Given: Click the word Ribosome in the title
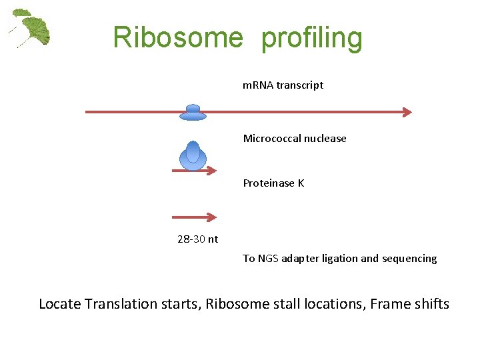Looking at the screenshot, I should point(178,37).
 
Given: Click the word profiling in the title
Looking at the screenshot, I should point(312,39).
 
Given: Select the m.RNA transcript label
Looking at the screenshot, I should point(283,85).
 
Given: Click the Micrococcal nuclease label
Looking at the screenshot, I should point(295,139).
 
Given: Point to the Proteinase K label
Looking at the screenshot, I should point(273,183).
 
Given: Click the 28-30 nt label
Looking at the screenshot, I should point(197,239).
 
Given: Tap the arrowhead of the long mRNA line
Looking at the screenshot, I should point(407,112).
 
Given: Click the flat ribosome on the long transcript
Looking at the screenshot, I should point(193,113).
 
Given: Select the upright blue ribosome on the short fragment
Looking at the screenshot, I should point(193,156).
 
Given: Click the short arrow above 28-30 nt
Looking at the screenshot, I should point(194,217).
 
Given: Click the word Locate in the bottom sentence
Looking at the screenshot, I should point(59,304).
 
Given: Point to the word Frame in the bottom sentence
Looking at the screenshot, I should point(391,304).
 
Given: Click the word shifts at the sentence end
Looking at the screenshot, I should point(433,304).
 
